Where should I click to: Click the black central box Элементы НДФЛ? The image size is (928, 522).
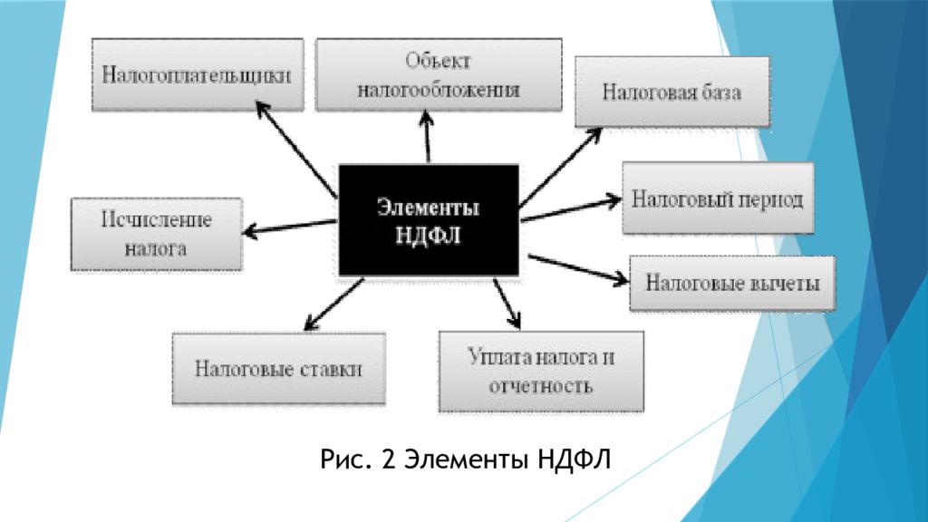428,220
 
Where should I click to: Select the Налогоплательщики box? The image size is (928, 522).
197,74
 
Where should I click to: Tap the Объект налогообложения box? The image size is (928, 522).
438,74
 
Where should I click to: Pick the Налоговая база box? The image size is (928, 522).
672,92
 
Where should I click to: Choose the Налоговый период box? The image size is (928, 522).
717,198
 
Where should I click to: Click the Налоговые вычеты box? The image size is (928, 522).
732,283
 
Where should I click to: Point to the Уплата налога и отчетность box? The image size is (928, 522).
541,372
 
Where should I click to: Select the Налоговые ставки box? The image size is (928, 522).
278,369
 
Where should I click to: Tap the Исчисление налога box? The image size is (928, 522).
156,234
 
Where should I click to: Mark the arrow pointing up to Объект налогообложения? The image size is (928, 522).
426,136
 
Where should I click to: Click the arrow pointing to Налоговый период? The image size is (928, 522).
571,208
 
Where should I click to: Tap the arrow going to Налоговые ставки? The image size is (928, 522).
334,304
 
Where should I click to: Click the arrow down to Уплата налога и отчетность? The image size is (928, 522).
507,303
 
